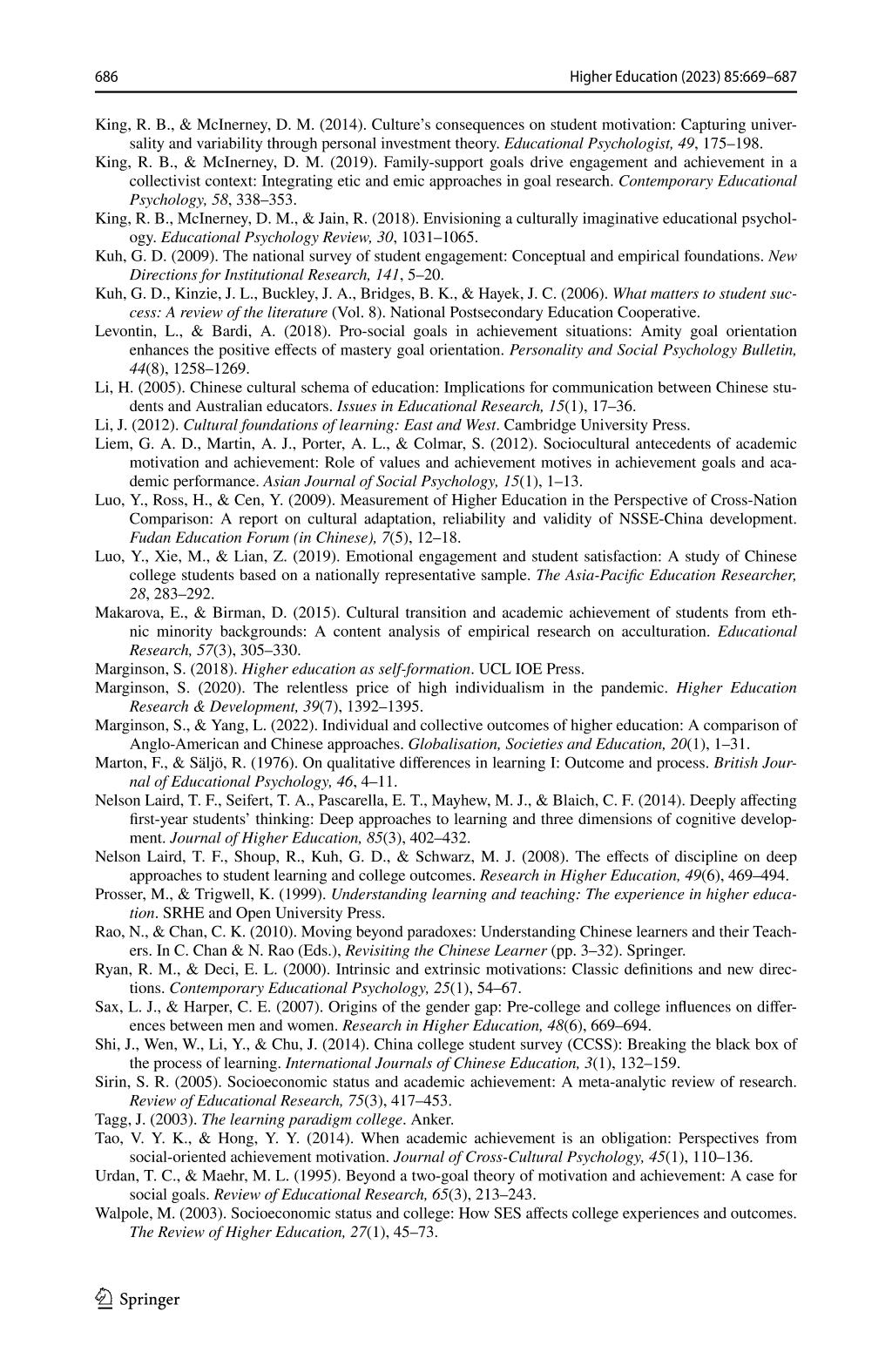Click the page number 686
point(106,78)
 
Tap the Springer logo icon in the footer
point(105,1299)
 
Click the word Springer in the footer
point(149,1300)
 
